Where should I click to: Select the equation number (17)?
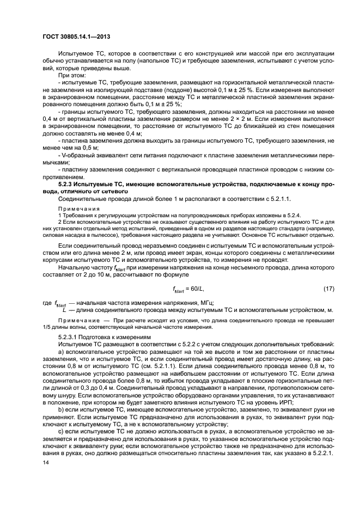[x=328, y=287]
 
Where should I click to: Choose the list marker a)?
[x=61, y=352]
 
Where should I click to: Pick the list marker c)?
[x=61, y=430]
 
